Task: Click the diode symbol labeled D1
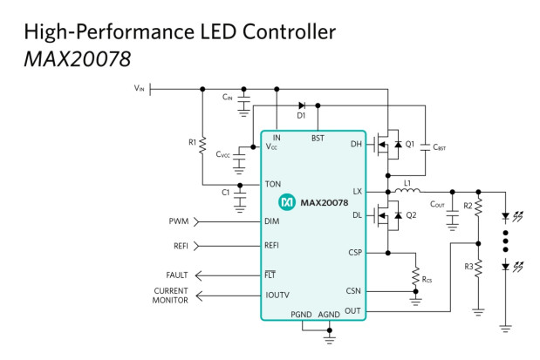tap(302, 105)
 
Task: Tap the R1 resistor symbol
tap(202, 145)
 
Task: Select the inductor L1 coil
tap(407, 190)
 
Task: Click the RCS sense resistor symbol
tap(415, 275)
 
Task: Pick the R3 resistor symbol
tap(478, 268)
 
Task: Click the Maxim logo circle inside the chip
tap(286, 202)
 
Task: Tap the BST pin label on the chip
tap(318, 138)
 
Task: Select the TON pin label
tap(273, 184)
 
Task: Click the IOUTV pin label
tap(277, 295)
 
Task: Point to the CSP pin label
tap(355, 252)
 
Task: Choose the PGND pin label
tap(301, 314)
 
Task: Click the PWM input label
tap(179, 221)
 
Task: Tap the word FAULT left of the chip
tap(177, 275)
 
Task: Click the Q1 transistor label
tap(410, 144)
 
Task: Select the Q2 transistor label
tap(411, 215)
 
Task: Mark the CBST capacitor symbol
tap(426, 147)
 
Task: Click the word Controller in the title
tap(289, 31)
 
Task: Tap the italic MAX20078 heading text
tap(78, 59)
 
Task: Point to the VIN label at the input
tap(139, 88)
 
